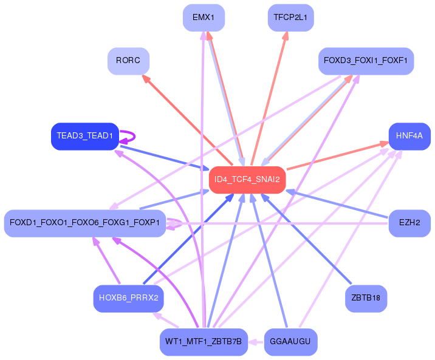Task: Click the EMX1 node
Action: [204, 18]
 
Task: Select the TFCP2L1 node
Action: [291, 18]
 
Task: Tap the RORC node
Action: [128, 61]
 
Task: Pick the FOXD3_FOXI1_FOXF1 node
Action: [366, 61]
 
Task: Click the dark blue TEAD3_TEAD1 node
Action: [85, 137]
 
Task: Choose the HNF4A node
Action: [409, 137]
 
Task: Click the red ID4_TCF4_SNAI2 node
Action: [247, 180]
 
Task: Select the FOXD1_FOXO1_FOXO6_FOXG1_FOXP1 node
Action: [85, 223]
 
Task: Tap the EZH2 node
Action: [409, 223]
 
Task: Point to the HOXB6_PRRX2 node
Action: [128, 299]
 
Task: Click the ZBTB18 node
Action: [366, 299]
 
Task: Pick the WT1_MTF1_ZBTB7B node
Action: [204, 342]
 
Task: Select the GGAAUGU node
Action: [291, 342]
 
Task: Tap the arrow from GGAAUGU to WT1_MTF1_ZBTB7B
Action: [256, 342]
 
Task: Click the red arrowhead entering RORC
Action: [145, 78]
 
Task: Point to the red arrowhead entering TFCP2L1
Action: [286, 36]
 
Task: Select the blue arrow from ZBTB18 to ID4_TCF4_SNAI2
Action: [306, 239]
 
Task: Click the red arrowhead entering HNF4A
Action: [384, 144]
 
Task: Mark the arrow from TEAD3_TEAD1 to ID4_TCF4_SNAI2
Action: [165, 158]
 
